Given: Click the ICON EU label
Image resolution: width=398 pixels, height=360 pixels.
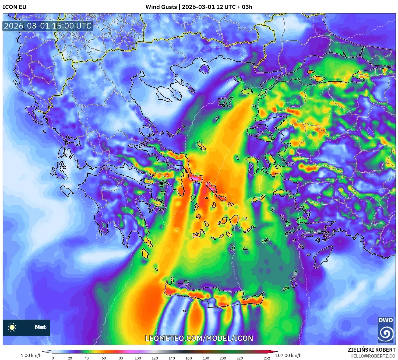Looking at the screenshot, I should pos(15,7).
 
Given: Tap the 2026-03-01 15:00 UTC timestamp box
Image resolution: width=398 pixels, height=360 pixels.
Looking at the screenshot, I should pos(48,26).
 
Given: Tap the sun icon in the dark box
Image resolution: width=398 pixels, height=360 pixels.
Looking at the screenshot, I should pos(12,327).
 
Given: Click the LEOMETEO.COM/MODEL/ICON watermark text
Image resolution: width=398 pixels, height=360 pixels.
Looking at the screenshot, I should pos(199,338).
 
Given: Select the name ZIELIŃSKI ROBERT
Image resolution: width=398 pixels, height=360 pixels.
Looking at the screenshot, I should pos(372,350).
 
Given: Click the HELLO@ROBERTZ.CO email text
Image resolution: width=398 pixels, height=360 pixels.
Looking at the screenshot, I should pos(373,356).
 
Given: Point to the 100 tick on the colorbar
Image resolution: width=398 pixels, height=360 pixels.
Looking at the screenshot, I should pos(138,358).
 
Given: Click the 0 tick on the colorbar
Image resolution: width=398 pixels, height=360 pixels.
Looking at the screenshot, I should pos(53,358).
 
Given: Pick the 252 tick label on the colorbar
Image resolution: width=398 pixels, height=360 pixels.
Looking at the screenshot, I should pos(267,358).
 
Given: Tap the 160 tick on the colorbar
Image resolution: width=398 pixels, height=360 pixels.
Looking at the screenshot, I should pos(189,358).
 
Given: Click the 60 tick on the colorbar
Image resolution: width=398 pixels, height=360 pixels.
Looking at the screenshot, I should pos(104,358).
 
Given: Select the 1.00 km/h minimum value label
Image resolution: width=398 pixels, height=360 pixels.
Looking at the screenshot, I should pos(31,355).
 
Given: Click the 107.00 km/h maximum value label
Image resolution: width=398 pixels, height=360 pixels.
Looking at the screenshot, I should pos(288,355).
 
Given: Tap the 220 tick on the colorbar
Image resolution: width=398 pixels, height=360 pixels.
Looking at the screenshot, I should pos(239,358).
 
